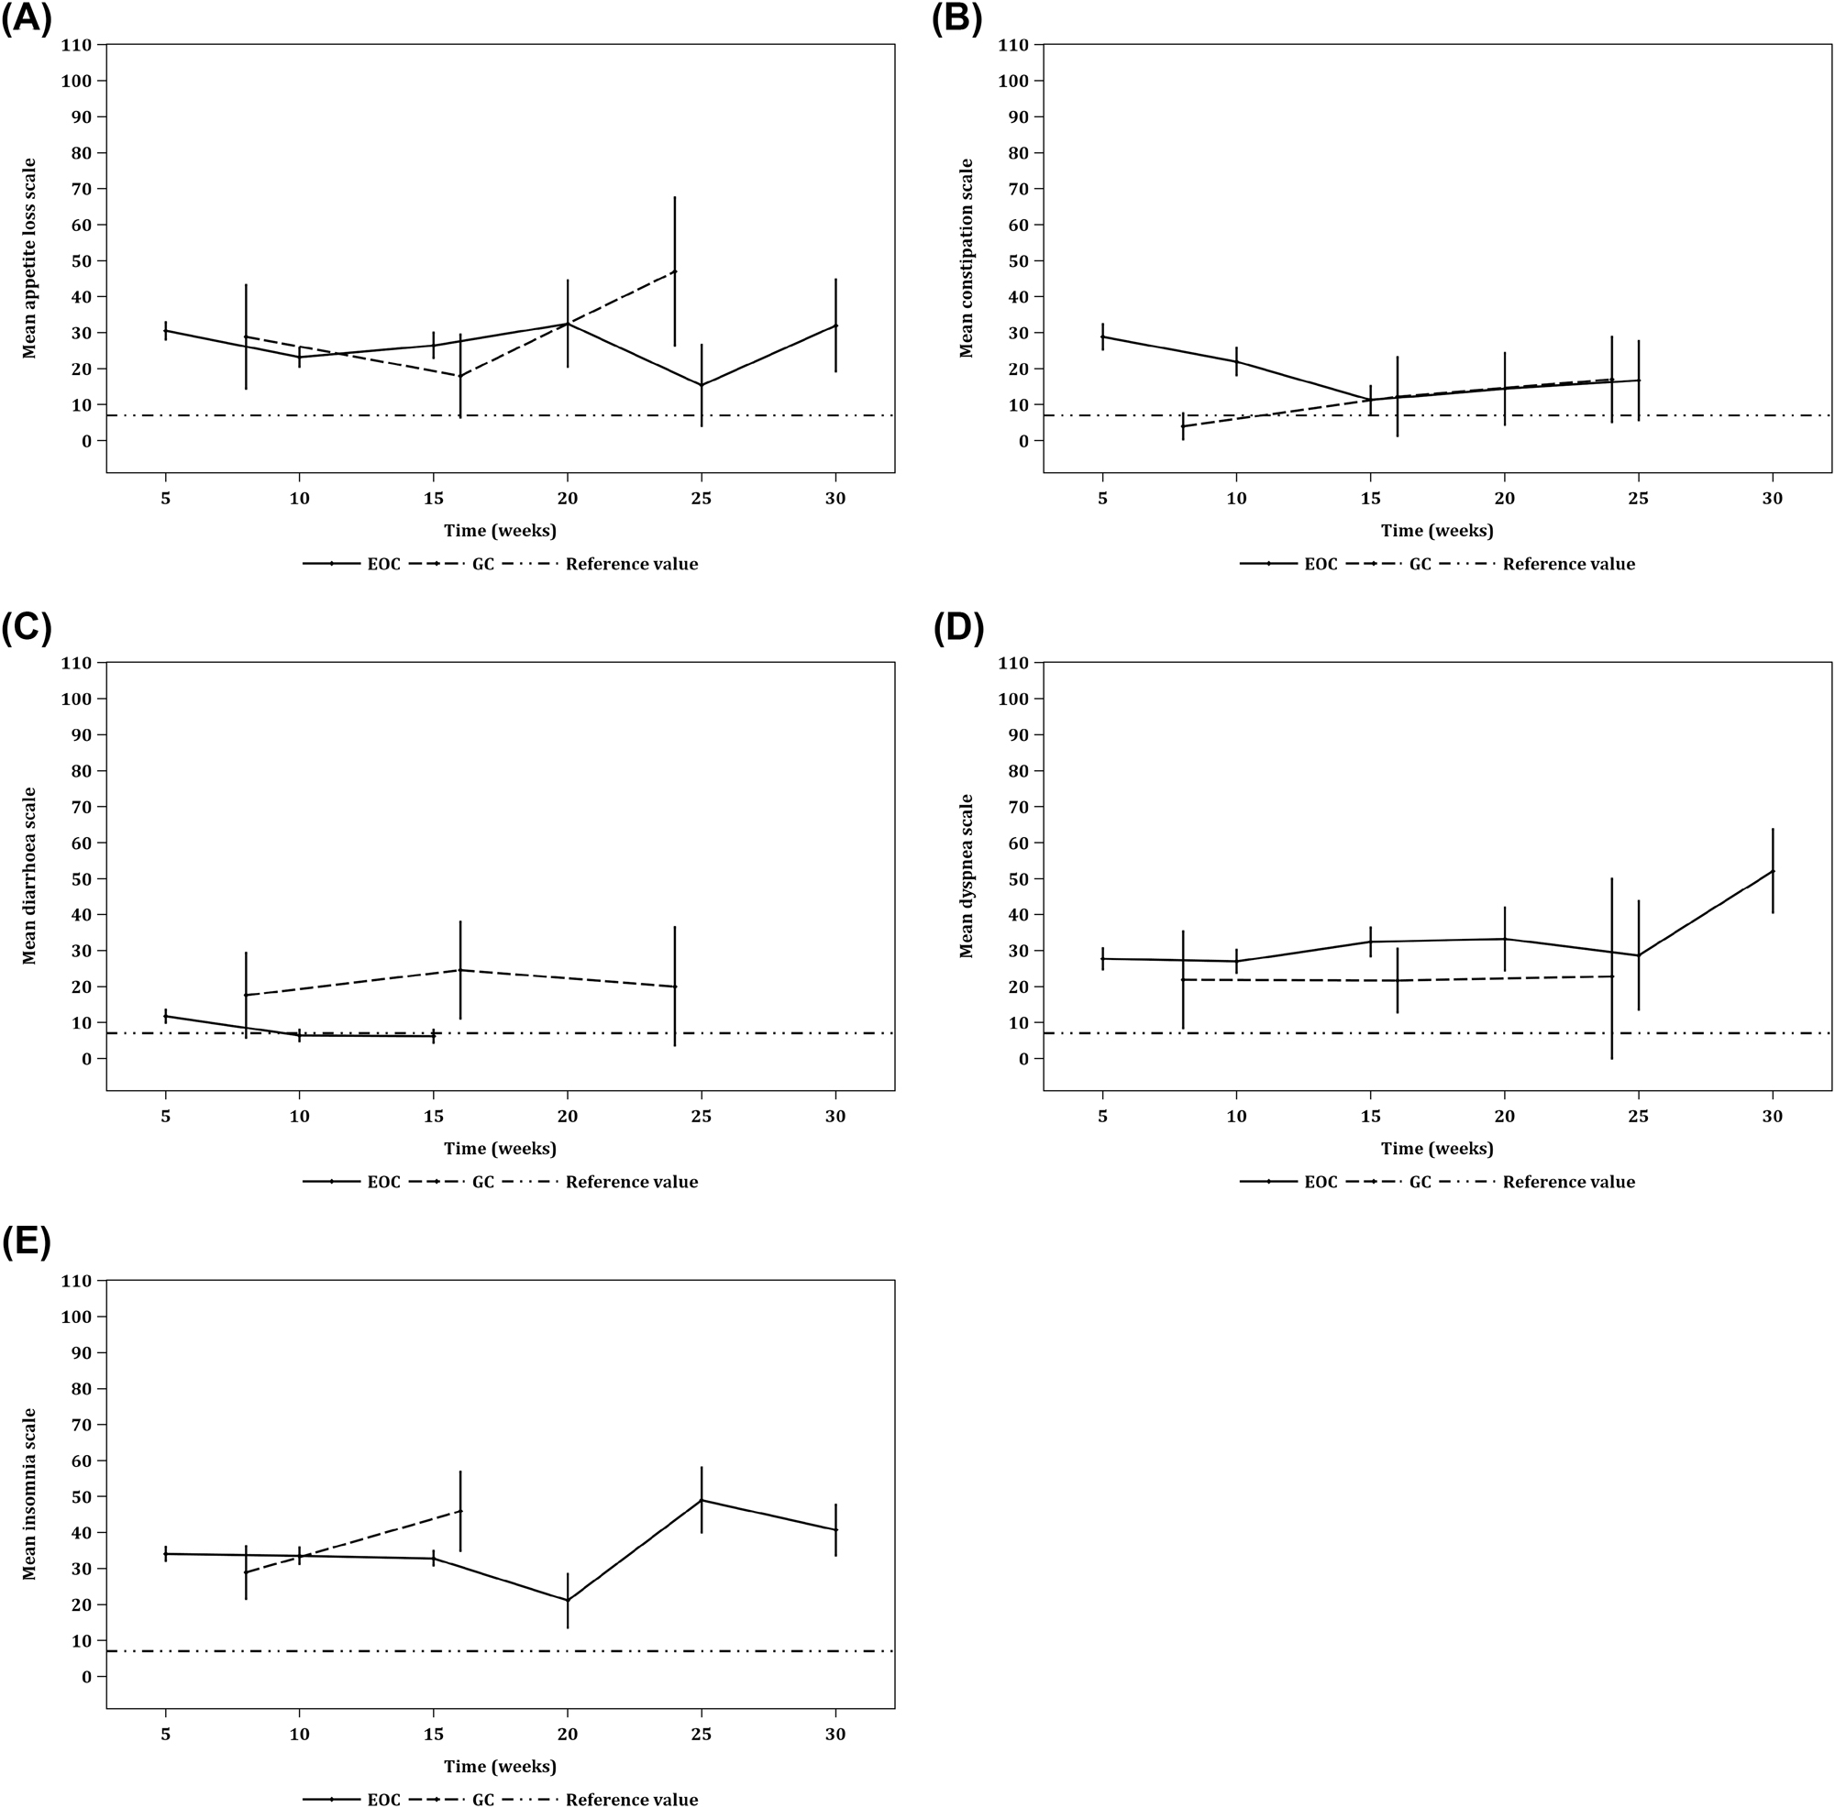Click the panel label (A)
(x=26, y=19)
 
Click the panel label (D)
(x=958, y=629)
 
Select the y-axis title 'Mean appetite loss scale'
(x=29, y=259)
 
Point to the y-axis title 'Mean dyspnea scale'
(x=966, y=876)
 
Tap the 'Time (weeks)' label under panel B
(x=1436, y=530)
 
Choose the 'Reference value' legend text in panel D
(x=1568, y=1182)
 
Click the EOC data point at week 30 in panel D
(x=1773, y=871)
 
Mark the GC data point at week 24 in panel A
(x=674, y=271)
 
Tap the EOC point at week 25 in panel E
(x=701, y=1500)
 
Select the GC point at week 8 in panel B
(x=1182, y=426)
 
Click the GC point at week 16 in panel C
(x=460, y=969)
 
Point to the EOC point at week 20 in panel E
(x=568, y=1600)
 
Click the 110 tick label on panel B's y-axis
(x=1013, y=45)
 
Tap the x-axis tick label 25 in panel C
(x=701, y=1117)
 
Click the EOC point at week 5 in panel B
(x=1102, y=337)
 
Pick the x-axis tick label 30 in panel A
(x=835, y=499)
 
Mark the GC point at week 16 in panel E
(x=460, y=1511)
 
